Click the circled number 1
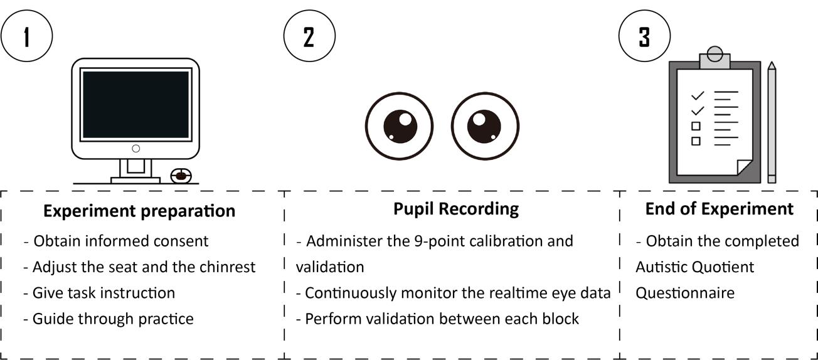click(26, 36)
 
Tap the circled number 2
click(309, 36)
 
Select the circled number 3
click(644, 36)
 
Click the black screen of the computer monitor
click(136, 104)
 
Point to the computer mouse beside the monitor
click(181, 176)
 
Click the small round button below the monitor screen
click(136, 149)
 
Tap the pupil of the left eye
click(400, 126)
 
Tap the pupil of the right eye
click(484, 126)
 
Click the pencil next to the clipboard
click(772, 122)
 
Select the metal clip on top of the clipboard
click(714, 58)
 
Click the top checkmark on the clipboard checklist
click(698, 96)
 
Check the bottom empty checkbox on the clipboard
click(696, 141)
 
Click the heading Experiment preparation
click(139, 211)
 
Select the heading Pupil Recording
click(456, 209)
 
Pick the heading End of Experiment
click(720, 209)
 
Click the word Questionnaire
click(685, 293)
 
